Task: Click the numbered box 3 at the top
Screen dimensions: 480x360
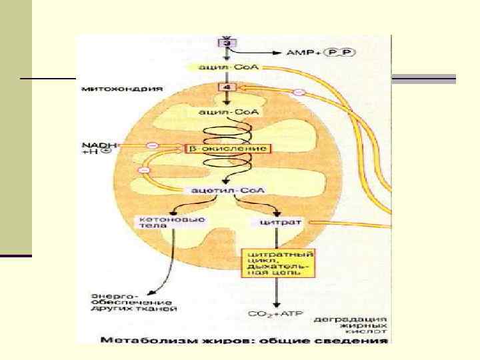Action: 227,43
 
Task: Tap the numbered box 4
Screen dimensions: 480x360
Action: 227,88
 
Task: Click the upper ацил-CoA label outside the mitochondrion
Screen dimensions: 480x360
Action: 227,67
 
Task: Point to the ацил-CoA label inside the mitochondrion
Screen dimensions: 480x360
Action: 227,112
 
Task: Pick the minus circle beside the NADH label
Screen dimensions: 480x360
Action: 153,145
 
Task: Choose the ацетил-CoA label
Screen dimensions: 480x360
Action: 227,191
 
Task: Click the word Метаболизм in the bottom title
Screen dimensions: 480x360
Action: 132,340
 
